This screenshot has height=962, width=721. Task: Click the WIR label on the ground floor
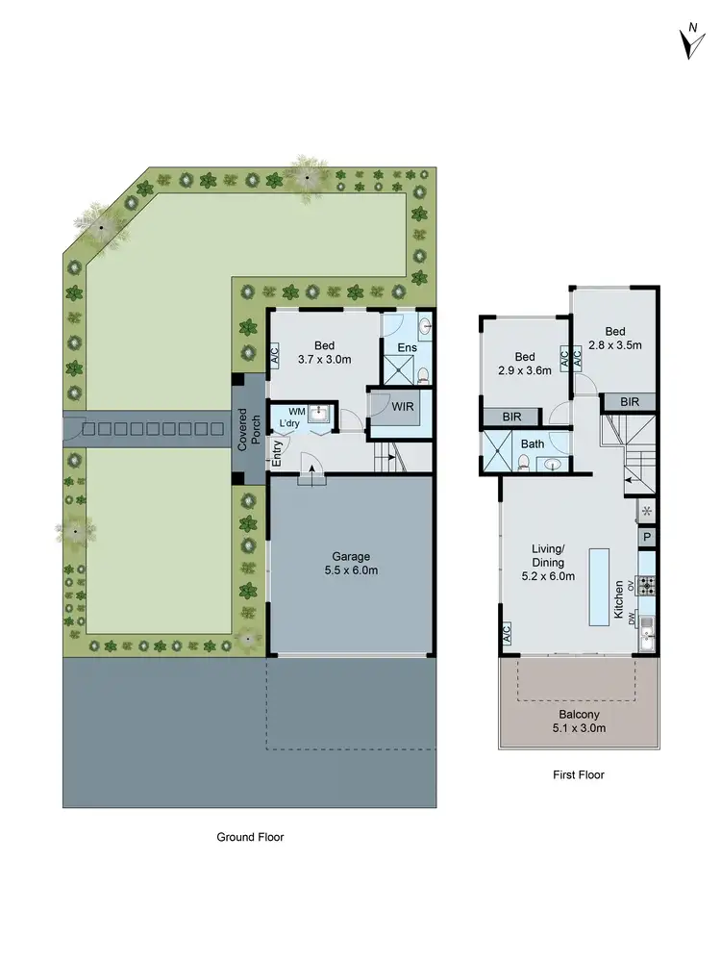pyautogui.click(x=403, y=408)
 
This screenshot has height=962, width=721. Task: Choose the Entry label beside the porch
pyautogui.click(x=277, y=455)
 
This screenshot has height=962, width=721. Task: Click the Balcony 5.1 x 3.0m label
pyautogui.click(x=577, y=721)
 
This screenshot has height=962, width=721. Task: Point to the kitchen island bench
pyautogui.click(x=600, y=585)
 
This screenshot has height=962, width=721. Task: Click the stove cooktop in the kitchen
pyautogui.click(x=647, y=583)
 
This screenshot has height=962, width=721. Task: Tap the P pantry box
pyautogui.click(x=647, y=538)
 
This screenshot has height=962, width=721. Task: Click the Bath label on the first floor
pyautogui.click(x=532, y=443)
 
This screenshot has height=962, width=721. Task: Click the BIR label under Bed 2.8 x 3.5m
pyautogui.click(x=630, y=402)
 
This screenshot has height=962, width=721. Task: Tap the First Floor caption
pyautogui.click(x=578, y=774)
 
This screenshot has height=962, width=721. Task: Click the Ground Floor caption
pyautogui.click(x=250, y=837)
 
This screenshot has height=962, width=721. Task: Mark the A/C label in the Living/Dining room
pyautogui.click(x=506, y=633)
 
